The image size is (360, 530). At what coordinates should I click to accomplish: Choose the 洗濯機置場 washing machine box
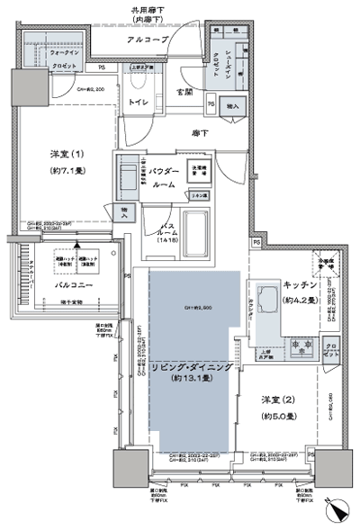pyautogui.click(x=198, y=172)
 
